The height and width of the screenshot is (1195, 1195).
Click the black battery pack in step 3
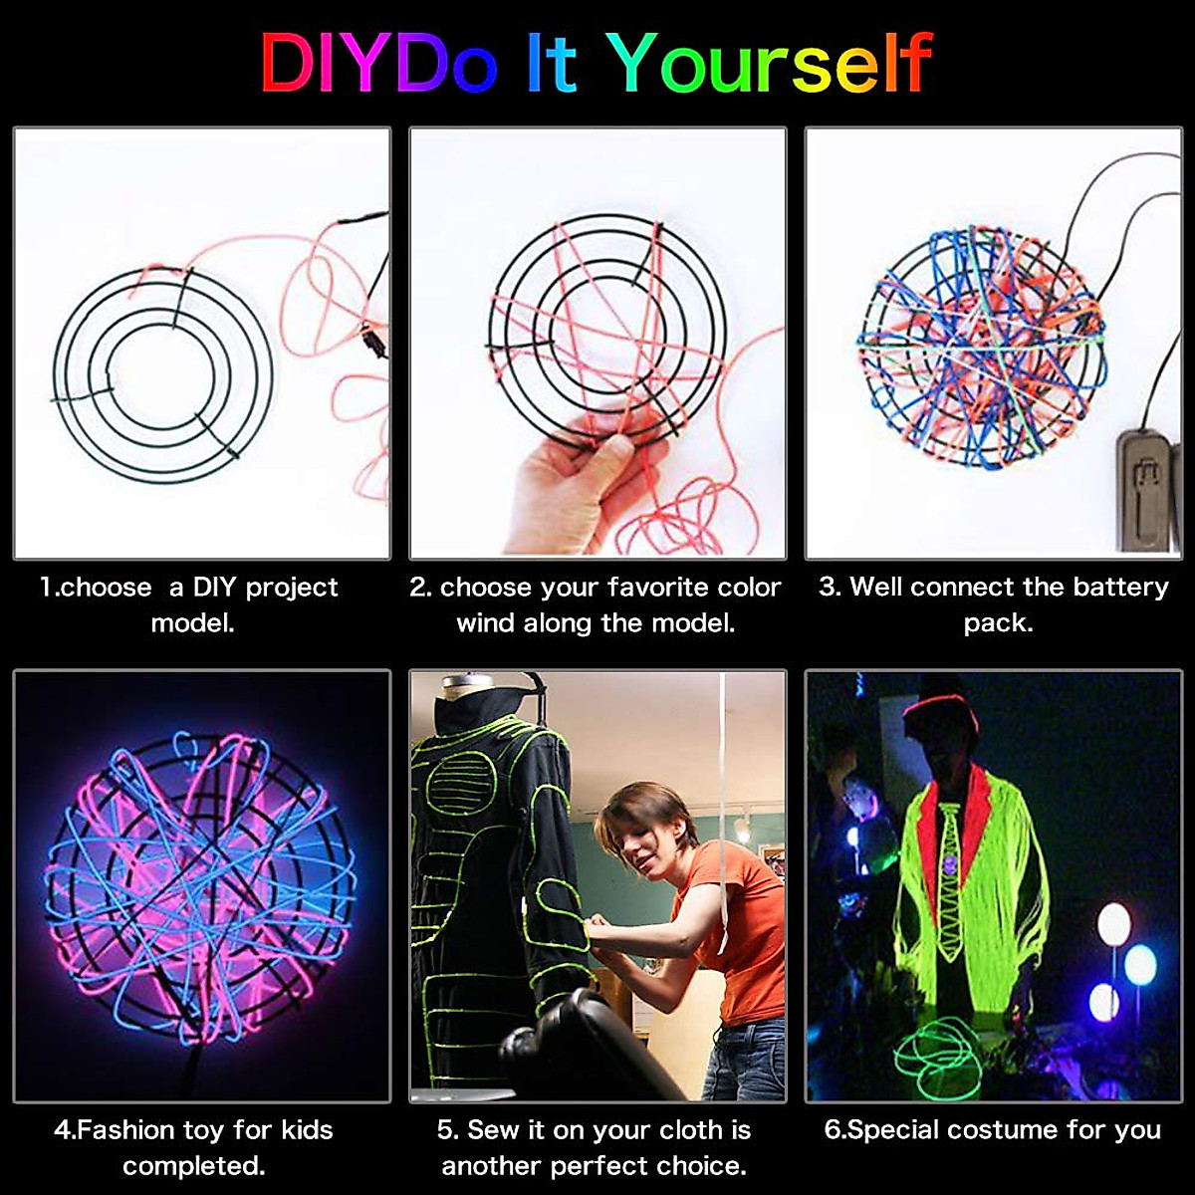tap(1146, 488)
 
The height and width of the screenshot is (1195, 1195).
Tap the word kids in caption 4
tap(307, 1130)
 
